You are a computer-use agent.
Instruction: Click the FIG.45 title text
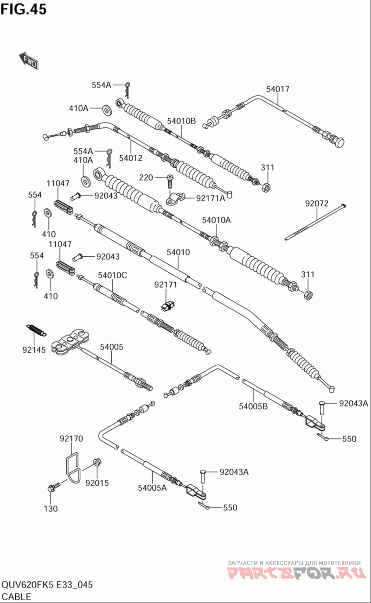point(23,9)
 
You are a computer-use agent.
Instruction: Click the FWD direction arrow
point(29,60)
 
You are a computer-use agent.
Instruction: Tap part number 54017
point(277,89)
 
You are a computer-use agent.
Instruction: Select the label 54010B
point(181,121)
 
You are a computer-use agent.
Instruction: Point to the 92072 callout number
point(317,203)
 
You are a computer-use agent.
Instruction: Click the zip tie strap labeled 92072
point(315,222)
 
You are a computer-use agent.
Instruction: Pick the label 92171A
point(211,198)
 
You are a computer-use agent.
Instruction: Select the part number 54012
point(131,158)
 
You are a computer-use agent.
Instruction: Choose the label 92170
point(71,438)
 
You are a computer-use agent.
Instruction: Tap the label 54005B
point(253,406)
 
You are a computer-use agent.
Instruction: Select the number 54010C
point(112,275)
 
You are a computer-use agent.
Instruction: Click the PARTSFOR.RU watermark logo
point(296,573)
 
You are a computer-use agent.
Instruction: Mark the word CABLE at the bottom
point(16,597)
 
